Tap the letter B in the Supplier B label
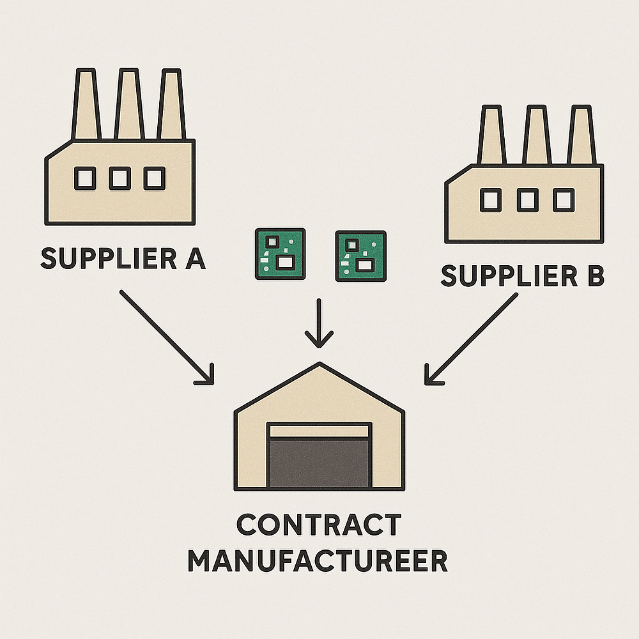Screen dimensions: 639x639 592,276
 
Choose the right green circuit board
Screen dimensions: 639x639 360,256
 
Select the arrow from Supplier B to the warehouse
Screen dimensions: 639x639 472,339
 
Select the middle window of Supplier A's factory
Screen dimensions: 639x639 119,178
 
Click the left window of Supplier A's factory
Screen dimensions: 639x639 85,178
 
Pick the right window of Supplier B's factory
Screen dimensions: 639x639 563,201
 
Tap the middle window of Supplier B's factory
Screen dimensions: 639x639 527,201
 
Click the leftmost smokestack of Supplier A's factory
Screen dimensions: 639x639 86,105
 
